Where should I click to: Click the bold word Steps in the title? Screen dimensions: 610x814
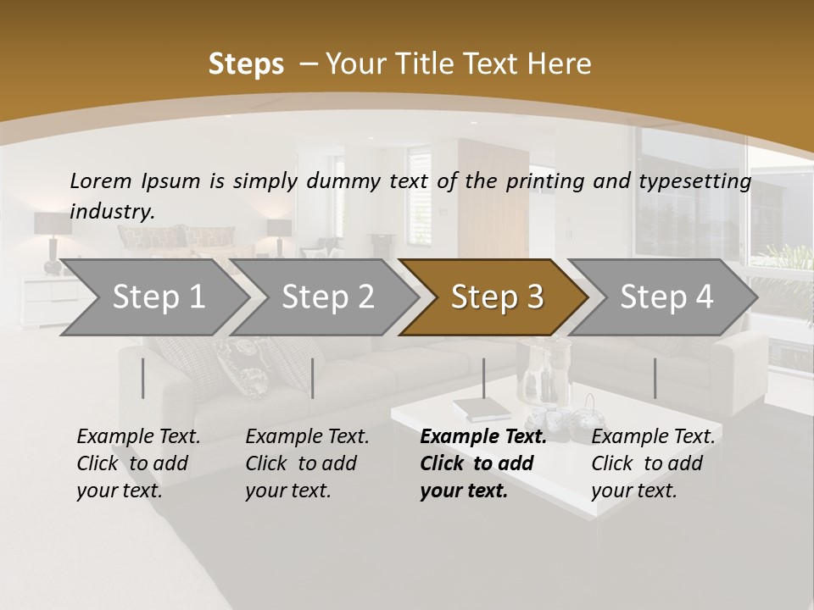pos(246,64)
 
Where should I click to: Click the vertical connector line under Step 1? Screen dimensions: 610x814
pos(143,378)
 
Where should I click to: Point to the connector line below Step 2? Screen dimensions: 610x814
pos(313,378)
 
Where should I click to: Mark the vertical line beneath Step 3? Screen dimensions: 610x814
pos(483,378)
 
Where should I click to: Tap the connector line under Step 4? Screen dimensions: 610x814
pos(655,378)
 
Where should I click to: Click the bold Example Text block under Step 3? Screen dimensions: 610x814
pos(482,463)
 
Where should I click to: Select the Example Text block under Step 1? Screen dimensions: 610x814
pos(138,463)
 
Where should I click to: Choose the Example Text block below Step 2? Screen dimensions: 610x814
pos(307,463)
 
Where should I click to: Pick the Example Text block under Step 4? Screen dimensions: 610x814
pos(653,463)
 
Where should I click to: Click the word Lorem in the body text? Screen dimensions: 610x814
pos(101,180)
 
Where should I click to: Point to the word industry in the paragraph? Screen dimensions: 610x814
pos(112,212)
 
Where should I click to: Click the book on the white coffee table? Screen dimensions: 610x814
pos(481,409)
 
